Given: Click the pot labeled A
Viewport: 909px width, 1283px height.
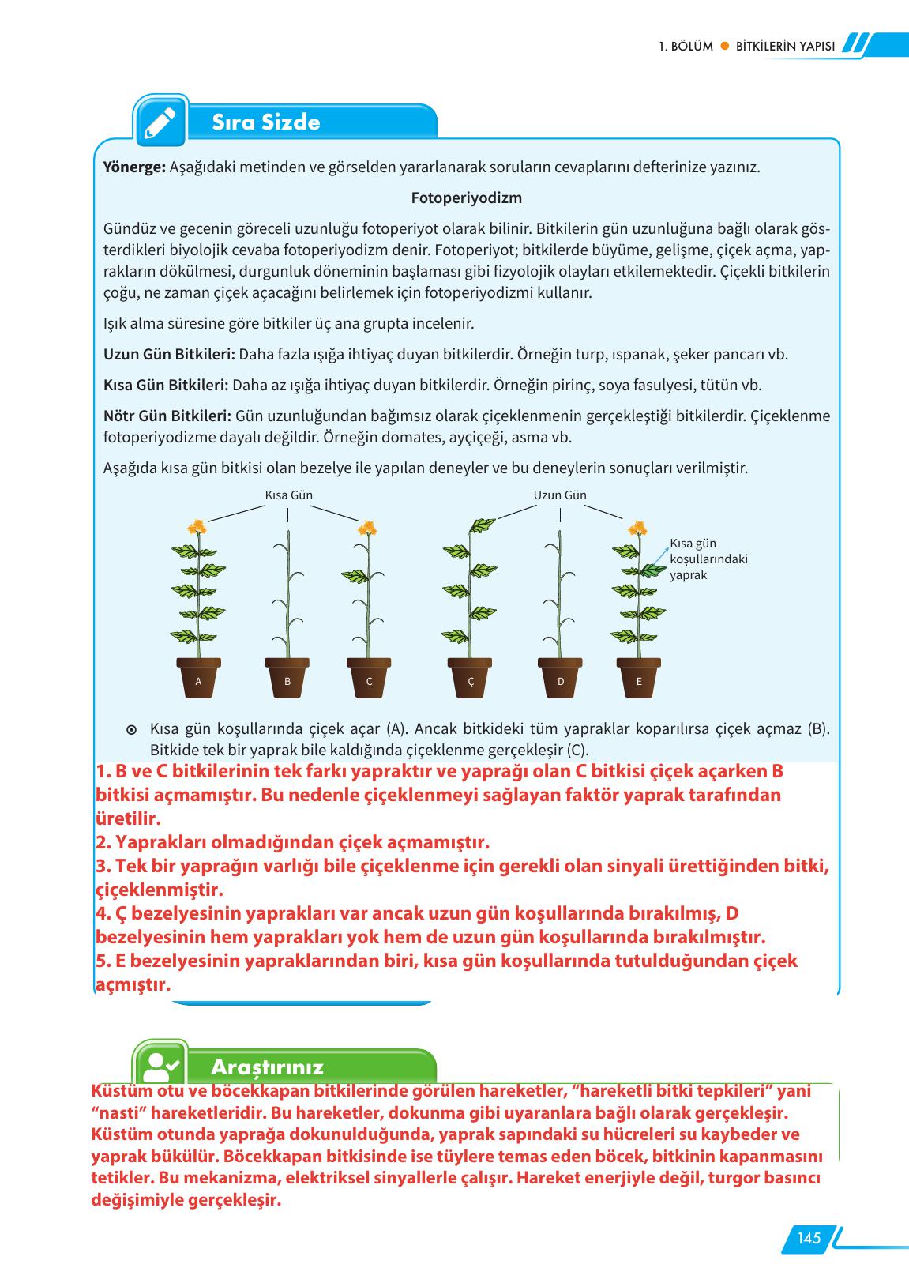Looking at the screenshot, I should tap(198, 679).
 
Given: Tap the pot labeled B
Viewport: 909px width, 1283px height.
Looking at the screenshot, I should tap(287, 679).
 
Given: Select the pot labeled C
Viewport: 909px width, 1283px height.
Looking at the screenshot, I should tap(369, 679).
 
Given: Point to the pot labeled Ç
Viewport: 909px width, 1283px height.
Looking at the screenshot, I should tap(471, 679).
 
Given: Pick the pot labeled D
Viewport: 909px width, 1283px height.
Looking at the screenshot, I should tap(560, 679).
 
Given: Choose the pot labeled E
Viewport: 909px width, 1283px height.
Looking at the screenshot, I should tap(638, 679).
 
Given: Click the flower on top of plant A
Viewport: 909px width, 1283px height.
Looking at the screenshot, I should tap(197, 527).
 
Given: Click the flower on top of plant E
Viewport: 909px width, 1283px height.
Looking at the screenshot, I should tap(637, 528).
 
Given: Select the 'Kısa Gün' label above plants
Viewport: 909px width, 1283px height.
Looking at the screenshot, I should tap(288, 495).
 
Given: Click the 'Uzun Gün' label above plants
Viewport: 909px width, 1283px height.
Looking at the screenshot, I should tap(560, 495).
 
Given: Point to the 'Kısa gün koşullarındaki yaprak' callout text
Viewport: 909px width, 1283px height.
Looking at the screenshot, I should tap(708, 559).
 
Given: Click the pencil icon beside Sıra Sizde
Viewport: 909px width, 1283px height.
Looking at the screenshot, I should tap(160, 122).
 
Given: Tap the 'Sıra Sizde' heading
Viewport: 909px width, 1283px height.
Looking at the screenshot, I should tap(265, 122).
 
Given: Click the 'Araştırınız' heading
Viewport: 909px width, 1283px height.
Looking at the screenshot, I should tap(267, 1067).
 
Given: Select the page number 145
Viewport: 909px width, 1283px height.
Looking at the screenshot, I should tap(808, 1239).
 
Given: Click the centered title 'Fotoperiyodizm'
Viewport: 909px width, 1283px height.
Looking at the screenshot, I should tap(466, 198).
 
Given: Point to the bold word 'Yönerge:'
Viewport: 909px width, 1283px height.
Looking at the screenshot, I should tap(134, 167).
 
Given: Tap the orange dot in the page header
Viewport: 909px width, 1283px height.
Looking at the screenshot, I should tap(723, 46).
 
